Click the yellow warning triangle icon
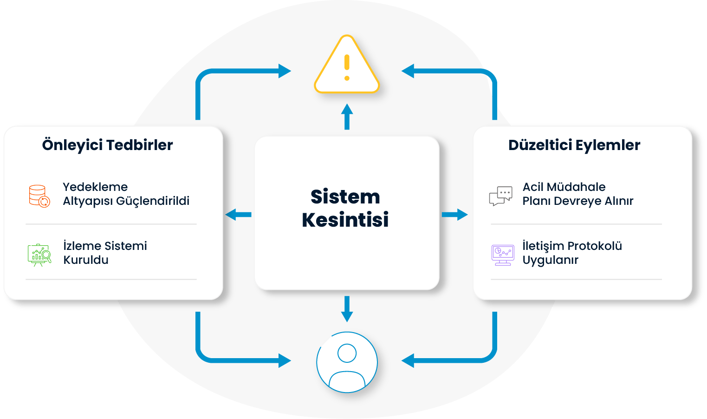point(347,66)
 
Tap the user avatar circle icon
point(347,362)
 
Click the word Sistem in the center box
point(345,197)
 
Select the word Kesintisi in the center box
point(345,220)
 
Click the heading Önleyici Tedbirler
point(107,145)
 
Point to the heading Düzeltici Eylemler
point(574,145)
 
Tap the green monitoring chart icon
point(39,254)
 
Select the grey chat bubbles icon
point(501,196)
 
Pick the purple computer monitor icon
point(503,255)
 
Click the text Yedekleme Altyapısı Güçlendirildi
point(126,194)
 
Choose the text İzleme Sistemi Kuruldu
point(105,253)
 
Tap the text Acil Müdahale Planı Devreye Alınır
point(577,194)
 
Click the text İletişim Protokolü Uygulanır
point(572,253)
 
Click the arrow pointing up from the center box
point(347,116)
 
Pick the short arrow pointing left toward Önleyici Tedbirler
point(238,215)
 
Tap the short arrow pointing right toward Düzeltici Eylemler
point(455,215)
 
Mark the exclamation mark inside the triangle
point(347,68)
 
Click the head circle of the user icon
point(347,353)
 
